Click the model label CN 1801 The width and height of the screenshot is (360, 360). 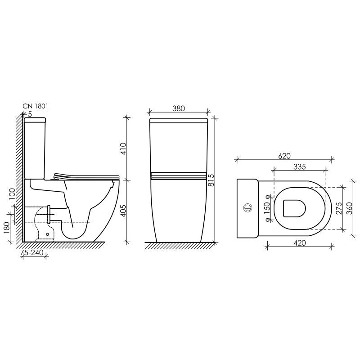(36, 106)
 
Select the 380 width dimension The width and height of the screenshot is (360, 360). (179, 108)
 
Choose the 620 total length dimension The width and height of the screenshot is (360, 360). (284, 156)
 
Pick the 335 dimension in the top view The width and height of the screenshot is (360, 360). (299, 166)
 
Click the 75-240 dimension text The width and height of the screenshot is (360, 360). (32, 252)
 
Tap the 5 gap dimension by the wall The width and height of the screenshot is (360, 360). (30, 114)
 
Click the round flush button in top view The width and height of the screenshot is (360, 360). (247, 208)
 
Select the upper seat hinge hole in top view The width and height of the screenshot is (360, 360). (269, 197)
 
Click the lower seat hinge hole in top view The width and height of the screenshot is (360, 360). (269, 220)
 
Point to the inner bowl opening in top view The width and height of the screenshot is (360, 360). (295, 208)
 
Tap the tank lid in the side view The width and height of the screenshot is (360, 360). (35, 120)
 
